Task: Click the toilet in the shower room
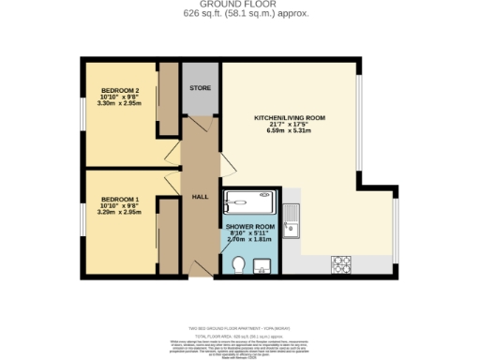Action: point(239,265)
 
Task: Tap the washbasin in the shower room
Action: point(262,264)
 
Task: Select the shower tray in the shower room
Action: point(248,202)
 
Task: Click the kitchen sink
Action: point(293,225)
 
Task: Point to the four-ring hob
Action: point(341,264)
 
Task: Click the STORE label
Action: point(200,88)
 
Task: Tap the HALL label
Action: point(201,197)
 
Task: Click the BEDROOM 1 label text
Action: point(119,200)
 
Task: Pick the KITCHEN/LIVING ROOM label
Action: point(290,118)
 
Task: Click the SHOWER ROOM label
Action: point(250,227)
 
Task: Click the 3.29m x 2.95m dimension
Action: point(119,213)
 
